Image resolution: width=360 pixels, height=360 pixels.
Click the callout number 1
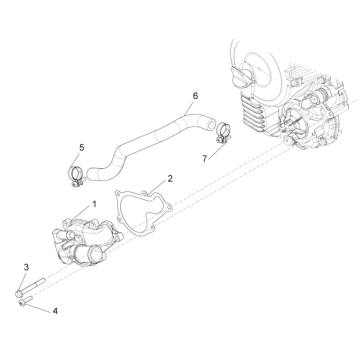pyautogui.click(x=94, y=203)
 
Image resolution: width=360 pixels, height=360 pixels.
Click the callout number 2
pyautogui.click(x=169, y=178)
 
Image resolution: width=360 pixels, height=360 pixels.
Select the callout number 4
pyautogui.click(x=54, y=311)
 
